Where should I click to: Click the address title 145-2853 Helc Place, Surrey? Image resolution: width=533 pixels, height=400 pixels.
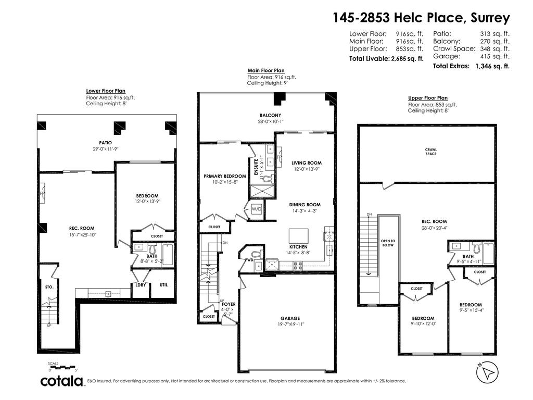[x=421, y=18]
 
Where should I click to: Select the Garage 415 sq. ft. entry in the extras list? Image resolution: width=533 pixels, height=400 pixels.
[x=471, y=56]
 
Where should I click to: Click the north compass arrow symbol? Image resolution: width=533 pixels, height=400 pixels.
[x=487, y=372]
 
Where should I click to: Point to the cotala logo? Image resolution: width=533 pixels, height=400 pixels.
[x=62, y=381]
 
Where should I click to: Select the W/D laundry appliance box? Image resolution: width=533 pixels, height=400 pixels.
[x=257, y=209]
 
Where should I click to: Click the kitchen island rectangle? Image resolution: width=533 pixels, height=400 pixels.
[x=299, y=234]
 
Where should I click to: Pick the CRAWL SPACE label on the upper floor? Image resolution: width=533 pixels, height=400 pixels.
[x=431, y=152]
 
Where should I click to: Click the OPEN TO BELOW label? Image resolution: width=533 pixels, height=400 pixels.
[x=388, y=243]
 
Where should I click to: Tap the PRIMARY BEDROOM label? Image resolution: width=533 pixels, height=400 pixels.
[x=224, y=176]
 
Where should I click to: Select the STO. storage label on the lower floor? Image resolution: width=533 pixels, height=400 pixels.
[x=48, y=287]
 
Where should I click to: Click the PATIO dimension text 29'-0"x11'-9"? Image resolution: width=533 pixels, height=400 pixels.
[x=106, y=149]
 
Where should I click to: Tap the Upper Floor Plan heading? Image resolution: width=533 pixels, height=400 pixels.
[x=427, y=98]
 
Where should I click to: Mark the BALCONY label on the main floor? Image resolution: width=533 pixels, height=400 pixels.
[x=270, y=115]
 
